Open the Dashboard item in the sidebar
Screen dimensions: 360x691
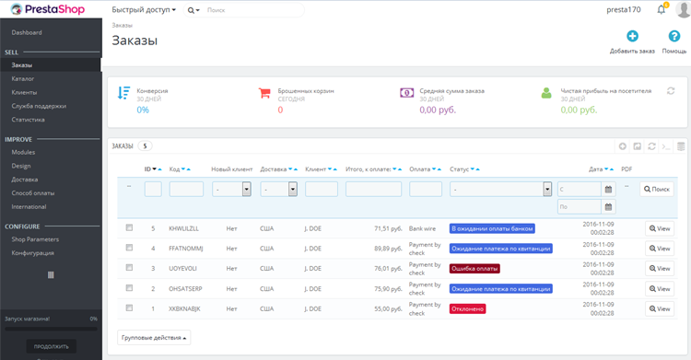point(27,32)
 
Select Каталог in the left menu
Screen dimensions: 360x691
point(23,79)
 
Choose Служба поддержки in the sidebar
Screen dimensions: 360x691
point(39,106)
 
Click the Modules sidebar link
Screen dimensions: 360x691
point(23,152)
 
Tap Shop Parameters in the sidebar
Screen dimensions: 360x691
point(35,239)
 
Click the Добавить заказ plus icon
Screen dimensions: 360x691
point(632,37)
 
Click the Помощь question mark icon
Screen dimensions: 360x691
point(674,37)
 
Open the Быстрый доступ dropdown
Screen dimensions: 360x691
point(143,10)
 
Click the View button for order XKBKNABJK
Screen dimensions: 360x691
point(660,308)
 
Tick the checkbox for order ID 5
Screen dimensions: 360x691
point(129,227)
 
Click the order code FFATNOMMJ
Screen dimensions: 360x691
point(185,249)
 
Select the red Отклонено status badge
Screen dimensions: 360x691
point(468,308)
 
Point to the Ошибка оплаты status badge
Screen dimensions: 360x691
point(474,269)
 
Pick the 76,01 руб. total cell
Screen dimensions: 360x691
point(388,269)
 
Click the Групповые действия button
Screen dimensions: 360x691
point(154,338)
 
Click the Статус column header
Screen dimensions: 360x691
point(459,169)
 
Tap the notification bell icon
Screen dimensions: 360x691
point(662,10)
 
